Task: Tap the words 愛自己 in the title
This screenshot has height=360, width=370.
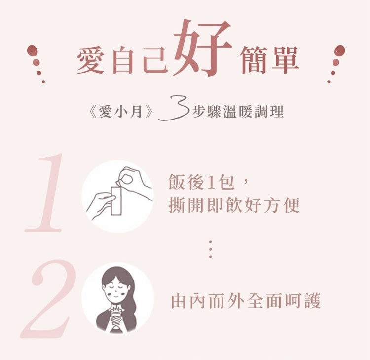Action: click(122, 60)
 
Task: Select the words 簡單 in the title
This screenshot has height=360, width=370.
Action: click(269, 60)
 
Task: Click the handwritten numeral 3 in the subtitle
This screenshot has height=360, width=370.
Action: click(174, 108)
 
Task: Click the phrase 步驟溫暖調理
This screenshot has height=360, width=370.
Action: click(238, 112)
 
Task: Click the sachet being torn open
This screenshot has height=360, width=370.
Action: click(116, 200)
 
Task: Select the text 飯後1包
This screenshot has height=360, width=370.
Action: click(202, 182)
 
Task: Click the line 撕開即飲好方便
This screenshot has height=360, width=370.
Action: click(234, 205)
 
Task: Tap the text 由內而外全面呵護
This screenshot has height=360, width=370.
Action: click(246, 301)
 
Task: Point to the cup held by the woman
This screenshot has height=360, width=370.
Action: click(116, 317)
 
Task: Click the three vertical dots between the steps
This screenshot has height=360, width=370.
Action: click(211, 249)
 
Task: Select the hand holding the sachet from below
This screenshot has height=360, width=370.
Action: click(100, 204)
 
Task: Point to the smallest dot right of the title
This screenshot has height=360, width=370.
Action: click(329, 82)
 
